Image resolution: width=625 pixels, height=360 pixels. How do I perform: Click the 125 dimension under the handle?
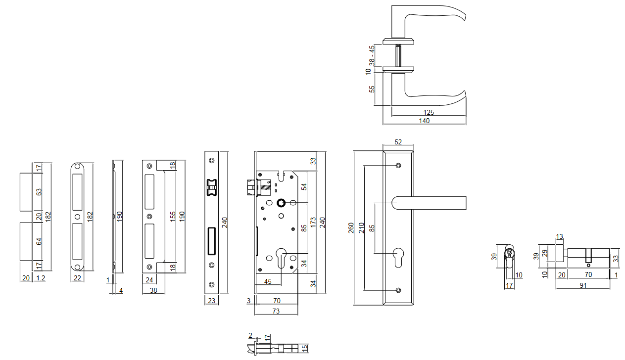pyautogui.click(x=429, y=113)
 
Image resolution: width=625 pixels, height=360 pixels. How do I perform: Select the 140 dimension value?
pyautogui.click(x=424, y=121)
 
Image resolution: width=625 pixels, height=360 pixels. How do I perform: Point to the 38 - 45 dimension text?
pyautogui.click(x=372, y=55)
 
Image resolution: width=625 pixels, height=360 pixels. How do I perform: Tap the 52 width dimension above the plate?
pyautogui.click(x=398, y=142)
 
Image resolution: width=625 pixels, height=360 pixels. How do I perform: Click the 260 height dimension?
pyautogui.click(x=351, y=228)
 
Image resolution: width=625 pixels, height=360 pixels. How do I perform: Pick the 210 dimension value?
pyautogui.click(x=361, y=228)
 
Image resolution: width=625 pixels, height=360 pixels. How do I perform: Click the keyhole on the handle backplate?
pyautogui.click(x=398, y=258)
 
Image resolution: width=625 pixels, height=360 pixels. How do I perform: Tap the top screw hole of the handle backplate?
pyautogui.click(x=398, y=165)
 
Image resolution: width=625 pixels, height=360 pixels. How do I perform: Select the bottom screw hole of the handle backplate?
pyautogui.click(x=398, y=290)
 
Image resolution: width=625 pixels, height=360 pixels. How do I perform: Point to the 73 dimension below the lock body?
pyautogui.click(x=276, y=311)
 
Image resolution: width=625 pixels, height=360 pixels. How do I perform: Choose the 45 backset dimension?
pyautogui.click(x=268, y=282)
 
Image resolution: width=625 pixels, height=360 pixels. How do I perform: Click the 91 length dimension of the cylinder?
pyautogui.click(x=583, y=285)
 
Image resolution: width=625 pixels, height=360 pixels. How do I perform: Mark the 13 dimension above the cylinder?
pyautogui.click(x=560, y=237)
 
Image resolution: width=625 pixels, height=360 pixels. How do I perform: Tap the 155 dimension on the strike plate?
pyautogui.click(x=173, y=217)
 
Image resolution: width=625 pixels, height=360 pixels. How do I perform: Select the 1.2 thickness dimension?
pyautogui.click(x=41, y=278)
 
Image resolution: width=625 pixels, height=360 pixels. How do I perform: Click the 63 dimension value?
pyautogui.click(x=39, y=191)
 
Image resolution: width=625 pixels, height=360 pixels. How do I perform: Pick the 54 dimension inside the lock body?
pyautogui.click(x=304, y=186)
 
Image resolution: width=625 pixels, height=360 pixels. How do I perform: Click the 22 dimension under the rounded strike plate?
pyautogui.click(x=77, y=278)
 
